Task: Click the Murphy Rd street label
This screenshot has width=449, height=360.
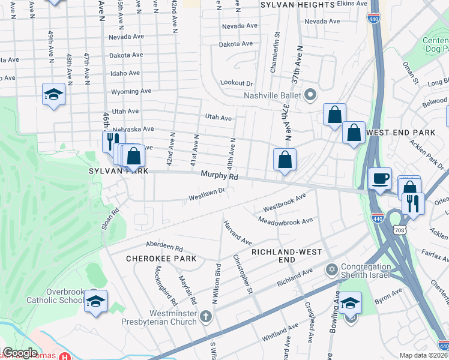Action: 219,176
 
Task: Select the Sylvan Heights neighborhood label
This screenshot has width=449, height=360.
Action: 297,4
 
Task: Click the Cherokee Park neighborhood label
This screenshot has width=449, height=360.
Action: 153,258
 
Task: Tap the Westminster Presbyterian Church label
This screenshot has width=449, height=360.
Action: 165,317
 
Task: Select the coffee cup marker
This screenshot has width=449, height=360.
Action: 380,178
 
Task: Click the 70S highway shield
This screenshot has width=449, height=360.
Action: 400,230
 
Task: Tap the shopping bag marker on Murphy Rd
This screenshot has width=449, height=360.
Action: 285,160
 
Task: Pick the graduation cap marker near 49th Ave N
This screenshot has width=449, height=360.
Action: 53,95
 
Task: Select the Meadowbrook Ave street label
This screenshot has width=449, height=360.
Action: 286,221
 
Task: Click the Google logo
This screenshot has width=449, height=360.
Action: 20,353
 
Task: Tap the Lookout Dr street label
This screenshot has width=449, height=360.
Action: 237,83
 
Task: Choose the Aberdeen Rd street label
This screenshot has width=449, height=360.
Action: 164,246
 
